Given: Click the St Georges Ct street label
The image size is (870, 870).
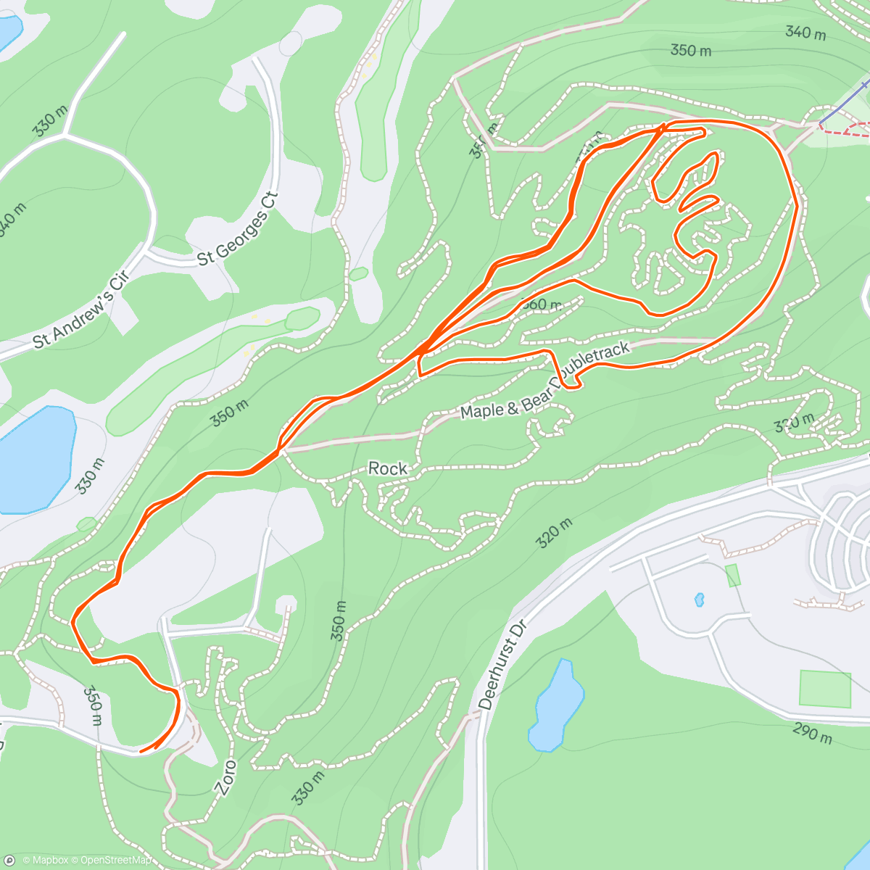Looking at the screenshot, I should coord(238,229).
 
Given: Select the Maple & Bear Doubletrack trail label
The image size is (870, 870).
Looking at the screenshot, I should coord(545,381).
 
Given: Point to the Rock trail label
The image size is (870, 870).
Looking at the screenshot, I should coord(388,469).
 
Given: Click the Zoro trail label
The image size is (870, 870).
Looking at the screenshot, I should coord(226,778).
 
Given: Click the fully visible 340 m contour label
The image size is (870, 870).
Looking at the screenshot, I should coord(805,33).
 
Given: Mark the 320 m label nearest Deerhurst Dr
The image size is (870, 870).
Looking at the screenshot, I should coord(555,533).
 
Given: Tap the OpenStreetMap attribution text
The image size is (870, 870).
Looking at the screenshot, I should coord(116,861).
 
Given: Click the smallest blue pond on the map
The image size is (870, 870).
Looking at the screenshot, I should coord(699,600).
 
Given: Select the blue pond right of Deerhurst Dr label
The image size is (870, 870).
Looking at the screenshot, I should coord(556,705).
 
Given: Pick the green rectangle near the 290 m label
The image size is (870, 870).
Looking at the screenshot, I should coord(825,689).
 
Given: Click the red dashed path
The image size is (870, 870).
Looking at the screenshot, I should coord(848,130).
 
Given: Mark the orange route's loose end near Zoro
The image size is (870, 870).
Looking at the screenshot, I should coord(141,751).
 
